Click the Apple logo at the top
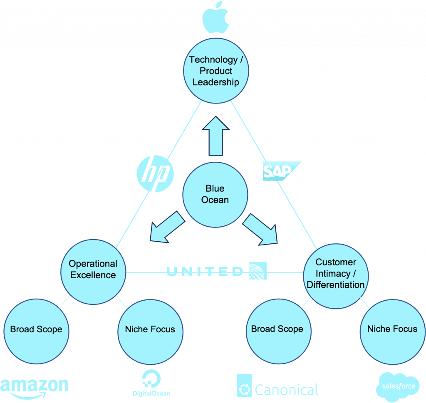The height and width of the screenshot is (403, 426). tap(216, 17)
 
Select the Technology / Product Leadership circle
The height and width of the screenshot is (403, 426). tap(216, 71)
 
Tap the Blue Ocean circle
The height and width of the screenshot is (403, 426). tap(215, 195)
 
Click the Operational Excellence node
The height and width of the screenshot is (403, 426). tap(93, 269)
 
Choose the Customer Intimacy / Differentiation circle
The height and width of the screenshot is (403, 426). tap(336, 273)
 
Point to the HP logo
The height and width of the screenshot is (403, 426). tap(155, 173)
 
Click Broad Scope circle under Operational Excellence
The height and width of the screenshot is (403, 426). tap(36, 329)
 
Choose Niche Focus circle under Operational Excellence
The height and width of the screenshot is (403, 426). tap(150, 329)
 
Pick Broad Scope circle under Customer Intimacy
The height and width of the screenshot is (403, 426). tap(277, 329)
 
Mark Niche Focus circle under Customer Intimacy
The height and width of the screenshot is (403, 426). tap(392, 329)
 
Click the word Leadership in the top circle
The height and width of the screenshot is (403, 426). tap(216, 82)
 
